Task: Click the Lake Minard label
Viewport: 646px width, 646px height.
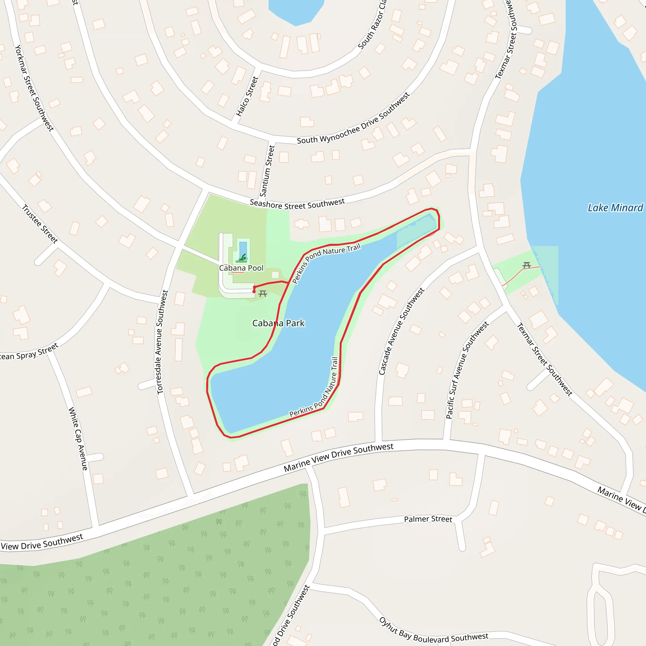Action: pos(615,208)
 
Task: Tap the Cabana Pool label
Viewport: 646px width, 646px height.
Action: pos(241,268)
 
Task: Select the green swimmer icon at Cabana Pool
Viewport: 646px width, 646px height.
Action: pos(242,258)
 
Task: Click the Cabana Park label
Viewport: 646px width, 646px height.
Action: pos(278,323)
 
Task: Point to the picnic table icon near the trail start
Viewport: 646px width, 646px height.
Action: pos(263,294)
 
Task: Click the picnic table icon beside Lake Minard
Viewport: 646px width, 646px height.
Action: pos(527,266)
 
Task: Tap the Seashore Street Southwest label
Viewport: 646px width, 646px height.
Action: pos(297,204)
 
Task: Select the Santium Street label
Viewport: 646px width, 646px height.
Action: pos(267,171)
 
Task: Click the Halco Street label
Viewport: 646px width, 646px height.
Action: pos(247,96)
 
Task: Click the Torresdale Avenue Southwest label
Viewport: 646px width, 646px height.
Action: pos(162,342)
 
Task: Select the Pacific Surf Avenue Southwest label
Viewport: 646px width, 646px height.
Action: pos(467,370)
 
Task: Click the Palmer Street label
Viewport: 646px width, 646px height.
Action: pos(428,519)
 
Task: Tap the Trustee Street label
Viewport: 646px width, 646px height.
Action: pos(40,224)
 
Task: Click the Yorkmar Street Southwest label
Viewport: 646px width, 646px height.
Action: pos(34,88)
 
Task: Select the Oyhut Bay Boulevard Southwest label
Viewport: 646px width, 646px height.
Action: pos(433,631)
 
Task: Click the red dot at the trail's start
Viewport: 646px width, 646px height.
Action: pos(254,291)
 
